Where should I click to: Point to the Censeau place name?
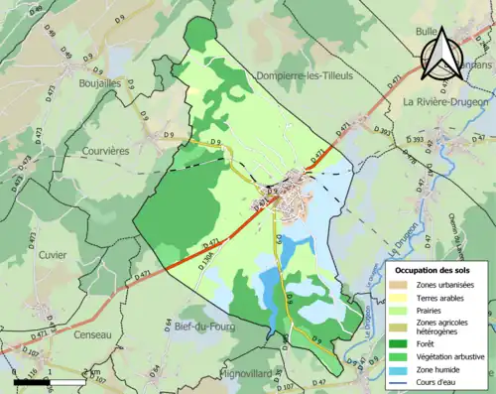(97, 336)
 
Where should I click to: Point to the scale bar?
(50, 380)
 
